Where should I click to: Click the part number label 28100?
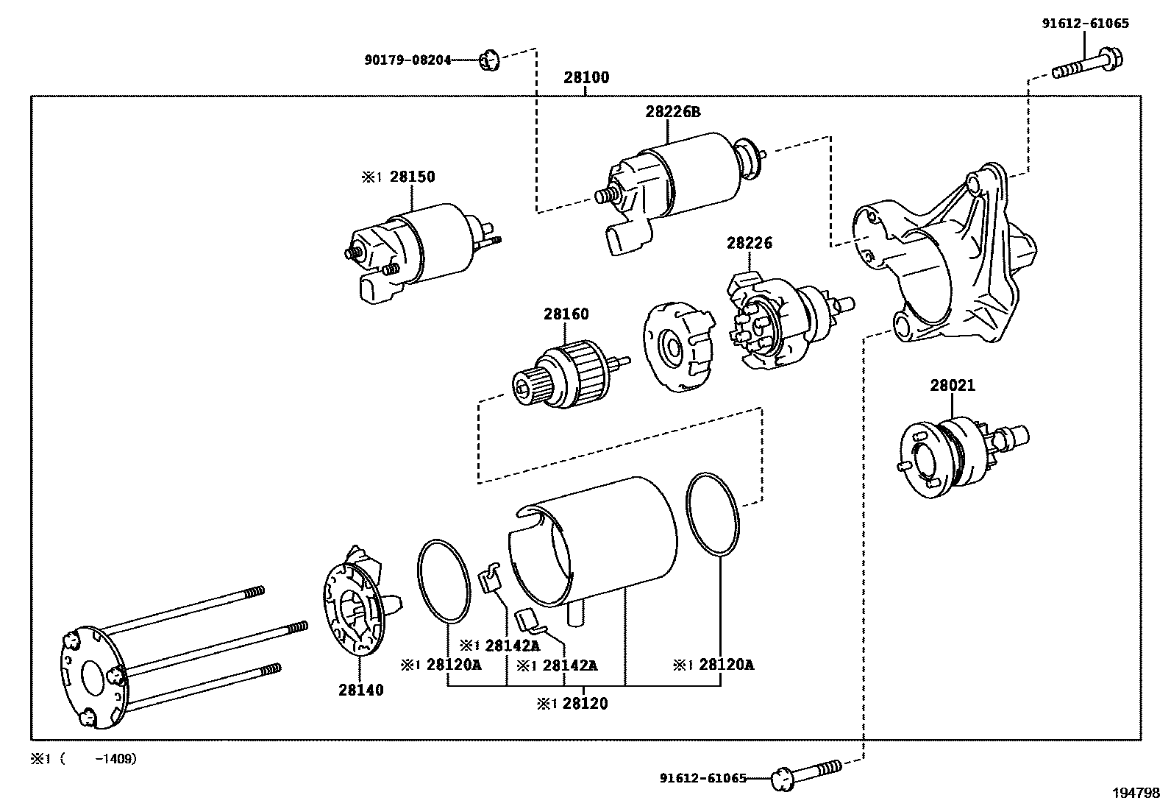pyautogui.click(x=586, y=77)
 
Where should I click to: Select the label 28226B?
pyautogui.click(x=673, y=112)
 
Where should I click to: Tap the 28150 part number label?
pyautogui.click(x=412, y=177)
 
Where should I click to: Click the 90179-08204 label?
pyautogui.click(x=407, y=60)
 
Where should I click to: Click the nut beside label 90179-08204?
pyautogui.click(x=490, y=60)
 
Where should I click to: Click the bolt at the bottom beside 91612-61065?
pyautogui.click(x=805, y=775)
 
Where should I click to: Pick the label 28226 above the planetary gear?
pyautogui.click(x=750, y=243)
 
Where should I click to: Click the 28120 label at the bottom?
pyautogui.click(x=585, y=704)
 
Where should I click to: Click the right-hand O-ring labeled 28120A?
pyautogui.click(x=712, y=515)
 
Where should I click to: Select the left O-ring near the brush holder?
pyautogui.click(x=444, y=582)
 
